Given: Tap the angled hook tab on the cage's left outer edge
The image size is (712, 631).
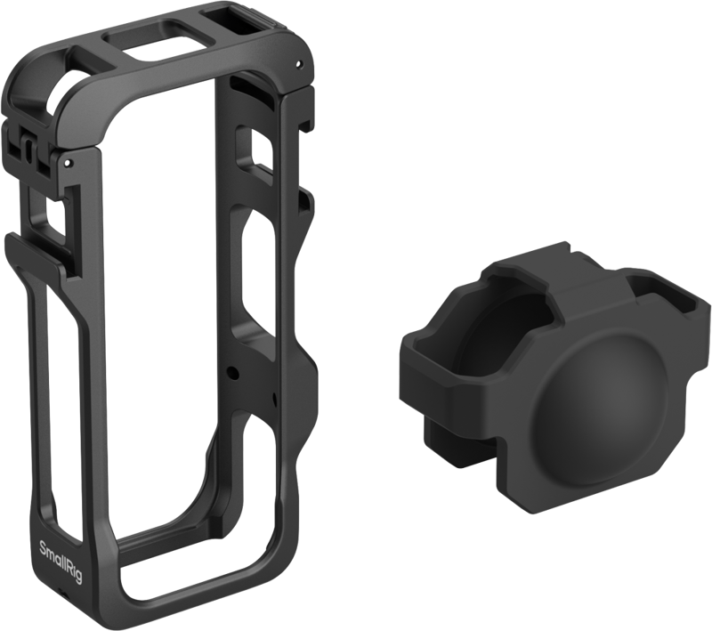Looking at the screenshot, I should click(20, 246).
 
